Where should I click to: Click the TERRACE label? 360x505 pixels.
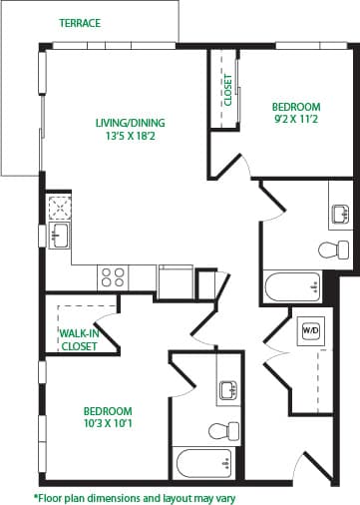tap(79, 23)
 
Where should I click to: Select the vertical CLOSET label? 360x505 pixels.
tap(226, 90)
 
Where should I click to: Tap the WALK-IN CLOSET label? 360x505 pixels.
tap(79, 339)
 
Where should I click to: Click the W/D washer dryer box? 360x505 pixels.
tap(310, 330)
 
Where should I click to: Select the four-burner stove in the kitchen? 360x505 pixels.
tap(113, 276)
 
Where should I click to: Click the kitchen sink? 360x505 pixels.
tap(59, 236)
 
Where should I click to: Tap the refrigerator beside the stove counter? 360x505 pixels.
tap(175, 280)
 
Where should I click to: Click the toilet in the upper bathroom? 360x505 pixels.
tap(330, 249)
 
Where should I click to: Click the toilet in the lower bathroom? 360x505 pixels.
tap(219, 430)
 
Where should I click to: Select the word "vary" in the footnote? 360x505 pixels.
tap(222, 496)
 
